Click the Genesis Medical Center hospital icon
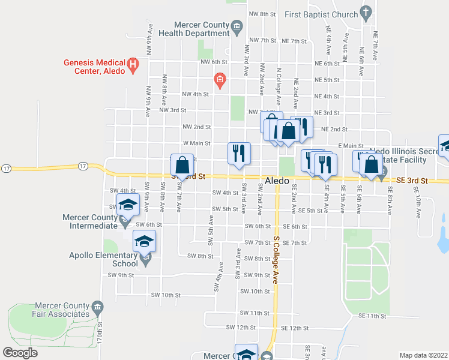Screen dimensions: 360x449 tap(133, 63)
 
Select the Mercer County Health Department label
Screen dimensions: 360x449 tap(194, 29)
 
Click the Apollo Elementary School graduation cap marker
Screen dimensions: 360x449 tap(144, 241)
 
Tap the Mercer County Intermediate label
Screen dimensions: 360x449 tap(89, 221)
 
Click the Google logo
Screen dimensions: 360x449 tap(20, 353)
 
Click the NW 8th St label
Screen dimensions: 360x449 tap(263, 14)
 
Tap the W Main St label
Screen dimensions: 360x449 tap(196, 143)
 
